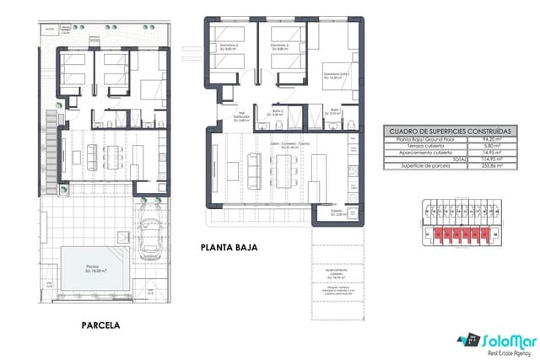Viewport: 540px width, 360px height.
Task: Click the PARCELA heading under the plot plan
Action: tap(100, 324)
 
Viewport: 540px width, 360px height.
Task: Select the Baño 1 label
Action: tap(334, 111)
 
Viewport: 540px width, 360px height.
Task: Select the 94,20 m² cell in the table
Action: tap(489, 140)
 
